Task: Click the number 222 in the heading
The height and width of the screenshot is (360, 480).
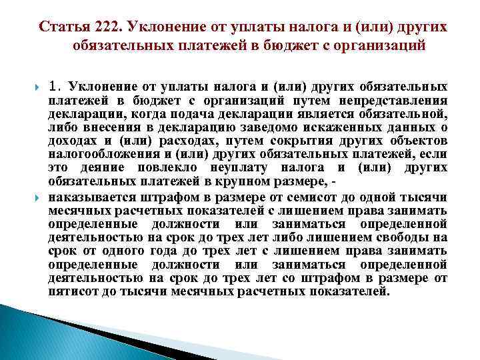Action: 109,27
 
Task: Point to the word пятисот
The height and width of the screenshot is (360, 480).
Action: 72,291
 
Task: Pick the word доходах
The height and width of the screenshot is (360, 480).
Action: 72,141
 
